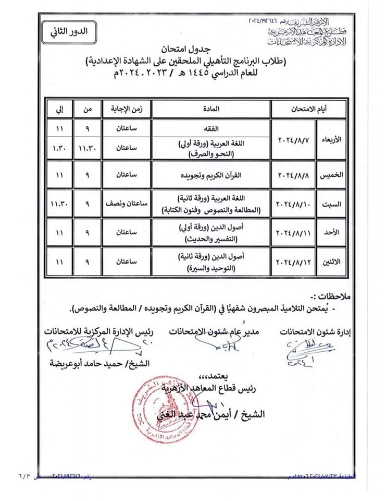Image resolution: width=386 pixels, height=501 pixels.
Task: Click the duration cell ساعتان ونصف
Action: coord(126,204)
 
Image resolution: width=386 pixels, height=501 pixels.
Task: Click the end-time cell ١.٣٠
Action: coord(58,148)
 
